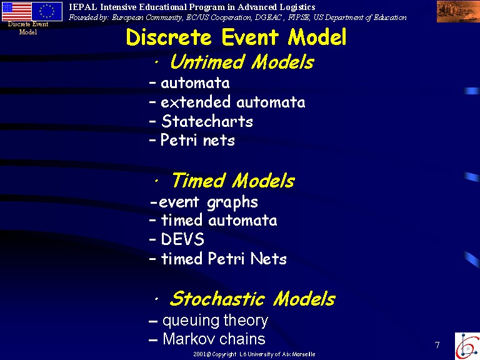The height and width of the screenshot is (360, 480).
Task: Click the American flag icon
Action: (17, 11)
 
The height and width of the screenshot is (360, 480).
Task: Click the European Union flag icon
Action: (47, 11)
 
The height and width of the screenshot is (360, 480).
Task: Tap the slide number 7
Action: (437, 345)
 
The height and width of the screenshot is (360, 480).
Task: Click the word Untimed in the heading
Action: (208, 61)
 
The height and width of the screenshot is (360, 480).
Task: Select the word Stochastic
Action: (217, 299)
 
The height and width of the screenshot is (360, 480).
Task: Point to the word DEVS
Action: (182, 239)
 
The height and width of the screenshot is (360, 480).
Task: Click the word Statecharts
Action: (207, 121)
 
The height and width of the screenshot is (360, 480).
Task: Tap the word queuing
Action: (191, 321)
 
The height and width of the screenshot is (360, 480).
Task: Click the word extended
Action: (195, 102)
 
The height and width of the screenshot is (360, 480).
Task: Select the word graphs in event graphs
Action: (232, 202)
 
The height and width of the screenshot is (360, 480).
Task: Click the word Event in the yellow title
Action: (250, 37)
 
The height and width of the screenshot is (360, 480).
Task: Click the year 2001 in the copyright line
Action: (199, 354)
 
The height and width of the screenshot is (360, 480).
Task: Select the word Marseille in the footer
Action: (304, 354)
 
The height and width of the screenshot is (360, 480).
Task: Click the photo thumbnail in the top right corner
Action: (458, 11)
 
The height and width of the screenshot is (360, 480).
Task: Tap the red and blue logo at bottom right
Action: (467, 346)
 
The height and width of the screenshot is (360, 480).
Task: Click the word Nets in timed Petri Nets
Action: (269, 258)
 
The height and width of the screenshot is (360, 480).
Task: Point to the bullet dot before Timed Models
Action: (156, 181)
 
